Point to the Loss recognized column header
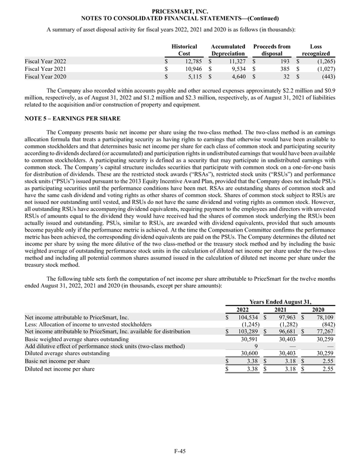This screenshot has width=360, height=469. pos(315,49)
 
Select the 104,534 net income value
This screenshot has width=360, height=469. pos(247,317)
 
